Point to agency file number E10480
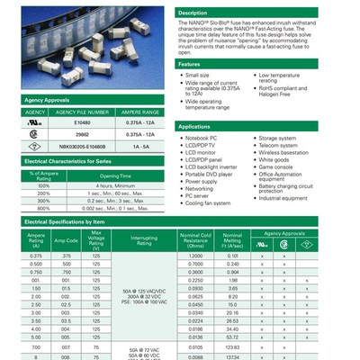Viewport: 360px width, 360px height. click(82, 122)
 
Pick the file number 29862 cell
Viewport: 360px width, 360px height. click(82, 133)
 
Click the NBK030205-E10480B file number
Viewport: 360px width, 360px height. click(82, 145)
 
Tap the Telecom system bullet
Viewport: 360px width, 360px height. click(278, 144)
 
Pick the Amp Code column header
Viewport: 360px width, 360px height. click(66, 240)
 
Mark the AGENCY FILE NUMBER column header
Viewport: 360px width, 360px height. click(82, 112)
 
